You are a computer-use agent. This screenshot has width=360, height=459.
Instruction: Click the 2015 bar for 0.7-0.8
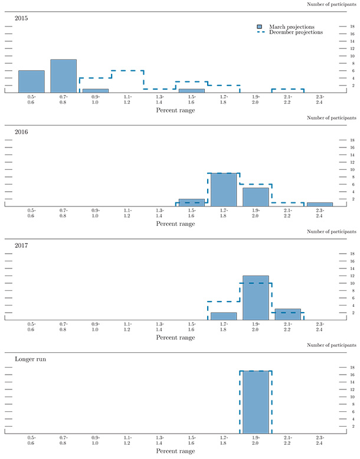(x=63, y=76)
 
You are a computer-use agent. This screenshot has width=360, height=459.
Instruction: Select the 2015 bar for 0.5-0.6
(x=31, y=81)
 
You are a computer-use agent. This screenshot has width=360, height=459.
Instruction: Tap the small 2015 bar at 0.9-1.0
(x=95, y=91)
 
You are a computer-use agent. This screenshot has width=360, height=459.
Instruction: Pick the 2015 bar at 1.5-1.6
(x=191, y=91)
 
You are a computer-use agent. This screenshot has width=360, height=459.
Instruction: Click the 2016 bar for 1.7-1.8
(x=224, y=189)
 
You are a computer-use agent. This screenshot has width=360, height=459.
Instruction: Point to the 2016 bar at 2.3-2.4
(x=319, y=204)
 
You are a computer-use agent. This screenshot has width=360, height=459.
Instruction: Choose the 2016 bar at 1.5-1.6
(x=191, y=202)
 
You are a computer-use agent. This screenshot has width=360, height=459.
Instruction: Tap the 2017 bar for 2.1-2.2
(x=287, y=314)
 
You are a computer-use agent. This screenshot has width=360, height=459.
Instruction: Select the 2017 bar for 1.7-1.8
(x=224, y=316)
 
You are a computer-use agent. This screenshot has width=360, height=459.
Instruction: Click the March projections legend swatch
(x=260, y=27)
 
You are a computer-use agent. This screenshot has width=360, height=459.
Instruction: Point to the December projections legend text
(x=296, y=32)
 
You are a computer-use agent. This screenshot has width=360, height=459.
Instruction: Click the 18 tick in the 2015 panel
(x=352, y=27)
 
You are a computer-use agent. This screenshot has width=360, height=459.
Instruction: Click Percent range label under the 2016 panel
(x=175, y=224)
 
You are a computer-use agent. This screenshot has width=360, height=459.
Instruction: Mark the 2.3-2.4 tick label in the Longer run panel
(x=319, y=440)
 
